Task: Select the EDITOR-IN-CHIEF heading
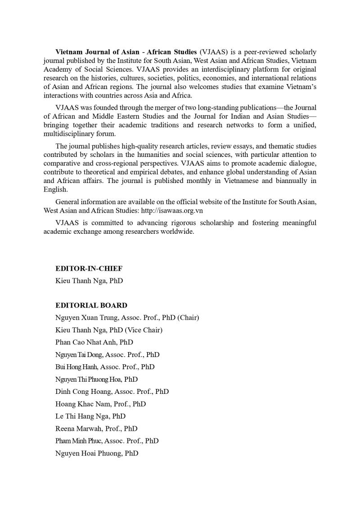(x=89, y=268)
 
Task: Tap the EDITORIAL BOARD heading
(x=91, y=305)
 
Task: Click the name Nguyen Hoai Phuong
(x=83, y=453)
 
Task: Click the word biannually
(x=292, y=181)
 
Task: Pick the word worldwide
(x=179, y=231)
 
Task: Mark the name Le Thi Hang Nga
(x=77, y=416)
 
